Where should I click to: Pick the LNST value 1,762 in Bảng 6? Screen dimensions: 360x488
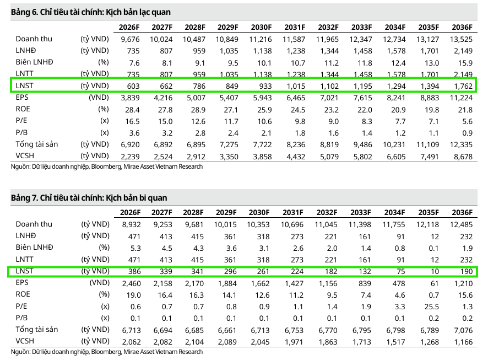click(x=462, y=85)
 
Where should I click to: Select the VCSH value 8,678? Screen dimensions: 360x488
click(x=462, y=156)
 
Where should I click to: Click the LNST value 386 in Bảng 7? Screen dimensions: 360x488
click(x=133, y=271)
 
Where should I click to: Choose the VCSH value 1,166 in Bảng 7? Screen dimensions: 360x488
click(x=462, y=341)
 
